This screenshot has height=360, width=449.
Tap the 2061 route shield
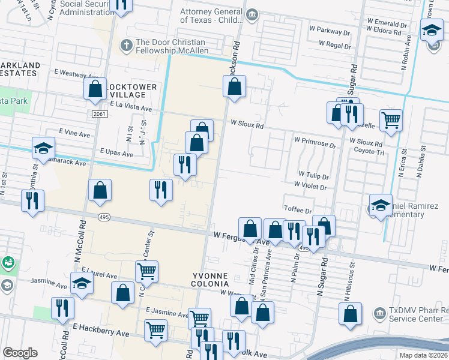(x=100, y=113)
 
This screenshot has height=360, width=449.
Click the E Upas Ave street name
(x=116, y=154)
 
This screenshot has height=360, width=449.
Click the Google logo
(x=20, y=353)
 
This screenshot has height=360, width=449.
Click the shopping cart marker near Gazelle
(x=391, y=119)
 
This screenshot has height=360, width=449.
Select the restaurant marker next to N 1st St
(x=32, y=200)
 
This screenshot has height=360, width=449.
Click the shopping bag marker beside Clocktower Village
(x=95, y=89)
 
